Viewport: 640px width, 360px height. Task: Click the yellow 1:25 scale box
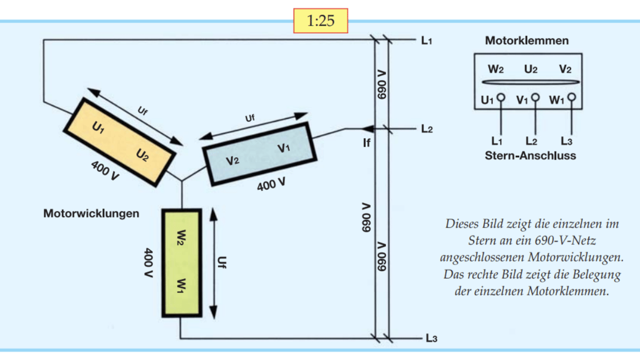[x=320, y=21]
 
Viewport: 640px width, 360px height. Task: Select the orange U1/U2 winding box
[x=120, y=141]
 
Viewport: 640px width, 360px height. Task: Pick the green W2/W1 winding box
[x=181, y=262]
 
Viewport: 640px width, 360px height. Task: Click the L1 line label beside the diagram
[x=427, y=40]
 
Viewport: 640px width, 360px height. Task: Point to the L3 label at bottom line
[x=431, y=339]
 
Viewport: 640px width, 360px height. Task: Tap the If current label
[x=367, y=142]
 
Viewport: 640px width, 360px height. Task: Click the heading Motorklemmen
[x=527, y=41]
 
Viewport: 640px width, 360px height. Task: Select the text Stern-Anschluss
[x=530, y=155]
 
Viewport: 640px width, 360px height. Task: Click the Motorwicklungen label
[x=91, y=214]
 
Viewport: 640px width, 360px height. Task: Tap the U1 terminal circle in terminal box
[x=501, y=97]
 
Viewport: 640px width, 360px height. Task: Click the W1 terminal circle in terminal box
[x=572, y=97]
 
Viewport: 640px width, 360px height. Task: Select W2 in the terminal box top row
[x=496, y=69]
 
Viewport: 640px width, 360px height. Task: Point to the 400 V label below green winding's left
[x=148, y=262]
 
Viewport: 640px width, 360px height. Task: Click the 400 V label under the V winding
[x=271, y=184]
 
